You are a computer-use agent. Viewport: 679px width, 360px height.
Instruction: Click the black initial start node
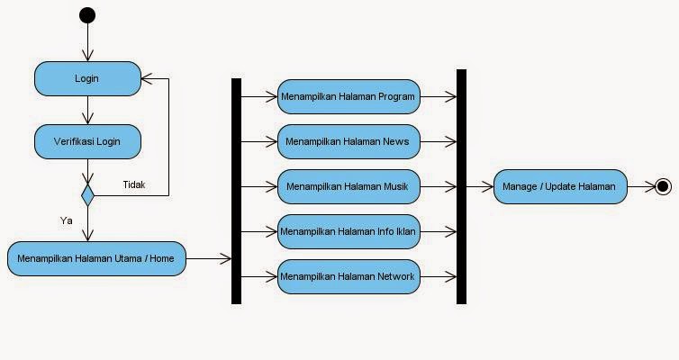tap(87, 15)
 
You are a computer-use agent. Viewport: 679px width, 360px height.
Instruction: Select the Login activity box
tap(88, 79)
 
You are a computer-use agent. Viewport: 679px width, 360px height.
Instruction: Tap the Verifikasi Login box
tap(88, 141)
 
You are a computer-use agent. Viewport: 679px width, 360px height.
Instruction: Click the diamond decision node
tap(88, 195)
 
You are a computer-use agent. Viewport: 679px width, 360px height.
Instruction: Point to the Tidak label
tap(134, 184)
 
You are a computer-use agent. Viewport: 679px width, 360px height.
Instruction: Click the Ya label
tap(67, 220)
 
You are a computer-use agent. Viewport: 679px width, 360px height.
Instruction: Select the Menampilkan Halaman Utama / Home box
tap(96, 259)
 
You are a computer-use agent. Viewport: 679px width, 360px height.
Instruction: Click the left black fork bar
tap(237, 191)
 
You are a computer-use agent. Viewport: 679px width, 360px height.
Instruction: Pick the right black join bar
tap(462, 186)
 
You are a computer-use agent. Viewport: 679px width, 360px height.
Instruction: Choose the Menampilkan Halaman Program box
tap(349, 97)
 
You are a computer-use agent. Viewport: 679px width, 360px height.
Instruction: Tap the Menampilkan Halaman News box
tap(349, 141)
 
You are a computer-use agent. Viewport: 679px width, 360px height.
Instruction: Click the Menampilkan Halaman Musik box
tap(349, 186)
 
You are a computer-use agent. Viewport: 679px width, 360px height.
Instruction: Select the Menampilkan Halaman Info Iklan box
tap(349, 231)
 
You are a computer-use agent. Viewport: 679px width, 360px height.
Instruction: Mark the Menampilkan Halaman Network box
tap(349, 276)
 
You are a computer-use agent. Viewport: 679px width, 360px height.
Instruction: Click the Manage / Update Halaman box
tap(560, 186)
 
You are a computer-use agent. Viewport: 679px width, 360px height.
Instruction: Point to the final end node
tap(663, 186)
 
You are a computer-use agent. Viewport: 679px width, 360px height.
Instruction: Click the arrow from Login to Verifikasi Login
tap(88, 111)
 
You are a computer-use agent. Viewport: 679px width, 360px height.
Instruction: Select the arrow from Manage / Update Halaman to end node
tap(641, 186)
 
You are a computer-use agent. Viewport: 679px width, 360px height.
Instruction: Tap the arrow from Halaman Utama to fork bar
tap(209, 259)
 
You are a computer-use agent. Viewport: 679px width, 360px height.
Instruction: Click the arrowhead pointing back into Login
tap(147, 79)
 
